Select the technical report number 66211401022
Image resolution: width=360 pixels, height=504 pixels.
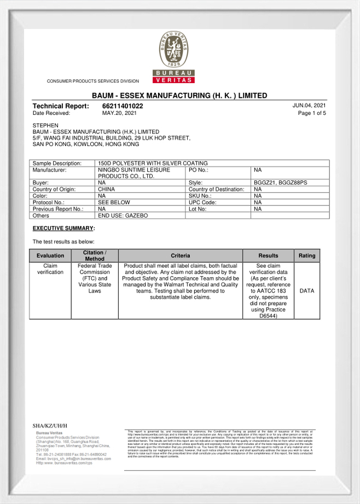(x=123, y=106)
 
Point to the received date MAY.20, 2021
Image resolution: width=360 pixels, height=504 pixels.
(x=119, y=113)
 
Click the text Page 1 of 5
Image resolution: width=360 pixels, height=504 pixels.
(x=312, y=113)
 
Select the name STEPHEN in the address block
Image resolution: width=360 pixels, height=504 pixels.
(x=45, y=125)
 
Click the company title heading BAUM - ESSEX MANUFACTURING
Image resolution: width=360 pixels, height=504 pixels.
(x=179, y=96)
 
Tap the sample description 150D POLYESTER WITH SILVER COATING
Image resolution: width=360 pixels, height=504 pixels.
(x=153, y=163)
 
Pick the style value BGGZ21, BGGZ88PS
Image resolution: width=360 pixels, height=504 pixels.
(x=281, y=183)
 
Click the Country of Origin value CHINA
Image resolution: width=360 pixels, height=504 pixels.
(x=106, y=189)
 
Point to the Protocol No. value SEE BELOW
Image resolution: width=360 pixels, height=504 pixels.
(x=114, y=202)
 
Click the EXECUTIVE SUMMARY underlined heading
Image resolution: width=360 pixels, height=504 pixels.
(x=63, y=228)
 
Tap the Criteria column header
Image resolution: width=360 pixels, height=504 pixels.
(x=180, y=255)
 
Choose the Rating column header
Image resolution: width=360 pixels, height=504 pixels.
(x=306, y=255)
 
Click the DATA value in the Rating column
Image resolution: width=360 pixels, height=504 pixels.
(x=306, y=291)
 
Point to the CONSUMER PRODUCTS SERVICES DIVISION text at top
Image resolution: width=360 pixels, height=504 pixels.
(x=93, y=81)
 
